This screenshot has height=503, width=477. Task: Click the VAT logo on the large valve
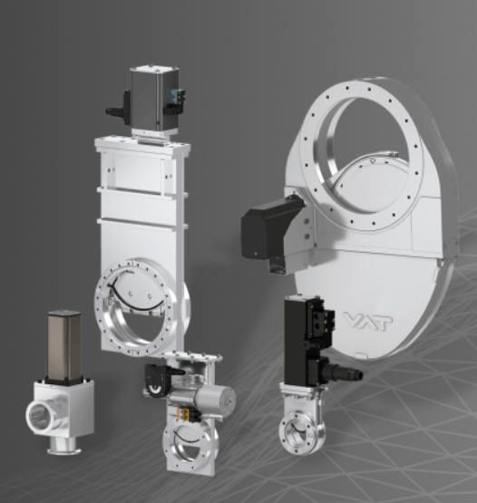coord(368,322)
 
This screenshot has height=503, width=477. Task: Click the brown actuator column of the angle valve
coord(64,346)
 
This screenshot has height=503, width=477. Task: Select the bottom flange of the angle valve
coord(64,451)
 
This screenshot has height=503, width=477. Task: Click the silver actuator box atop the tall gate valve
coord(154,99)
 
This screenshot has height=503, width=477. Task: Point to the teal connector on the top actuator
coord(169,94)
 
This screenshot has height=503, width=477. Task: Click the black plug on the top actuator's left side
coord(119,109)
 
